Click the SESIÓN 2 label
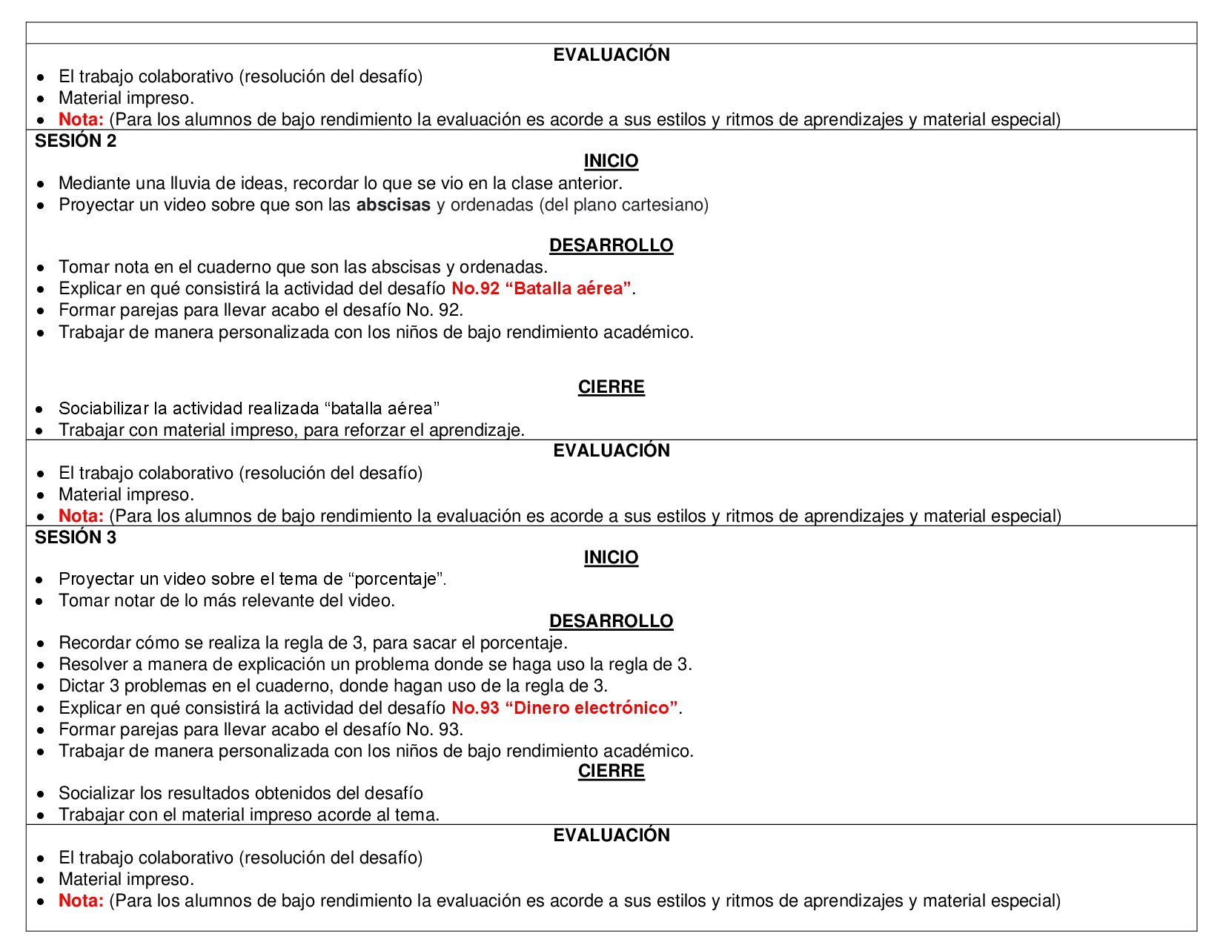(x=76, y=141)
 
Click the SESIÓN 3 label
(x=76, y=537)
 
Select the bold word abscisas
(x=393, y=205)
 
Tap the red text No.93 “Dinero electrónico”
(x=565, y=708)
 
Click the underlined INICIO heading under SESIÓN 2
(x=611, y=161)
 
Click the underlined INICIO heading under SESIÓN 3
(x=611, y=557)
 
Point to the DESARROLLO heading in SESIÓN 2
(x=611, y=245)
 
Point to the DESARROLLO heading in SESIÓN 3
(x=611, y=621)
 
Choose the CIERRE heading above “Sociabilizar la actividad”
(x=611, y=387)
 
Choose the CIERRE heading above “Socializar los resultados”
(x=611, y=771)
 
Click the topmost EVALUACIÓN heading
(x=611, y=55)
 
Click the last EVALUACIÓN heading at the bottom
(x=611, y=835)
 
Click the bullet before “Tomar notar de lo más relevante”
(x=42, y=601)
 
